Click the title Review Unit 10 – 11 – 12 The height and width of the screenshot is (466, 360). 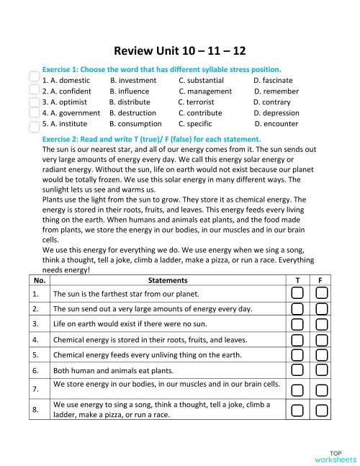pyautogui.click(x=180, y=51)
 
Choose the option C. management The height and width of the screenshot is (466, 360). pyautogui.click(x=205, y=91)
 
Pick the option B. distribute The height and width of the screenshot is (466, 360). pyautogui.click(x=130, y=102)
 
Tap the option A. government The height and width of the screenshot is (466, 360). pyautogui.click(x=71, y=113)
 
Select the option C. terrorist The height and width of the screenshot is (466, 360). pyautogui.click(x=196, y=102)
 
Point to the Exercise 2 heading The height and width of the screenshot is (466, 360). pyautogui.click(x=151, y=139)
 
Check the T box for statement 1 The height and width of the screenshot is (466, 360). pyautogui.click(x=298, y=294)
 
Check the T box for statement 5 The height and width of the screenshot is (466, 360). pyautogui.click(x=298, y=354)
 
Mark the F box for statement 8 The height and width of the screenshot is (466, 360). pyautogui.click(x=322, y=410)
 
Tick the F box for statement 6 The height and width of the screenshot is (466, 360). pyautogui.click(x=322, y=370)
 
